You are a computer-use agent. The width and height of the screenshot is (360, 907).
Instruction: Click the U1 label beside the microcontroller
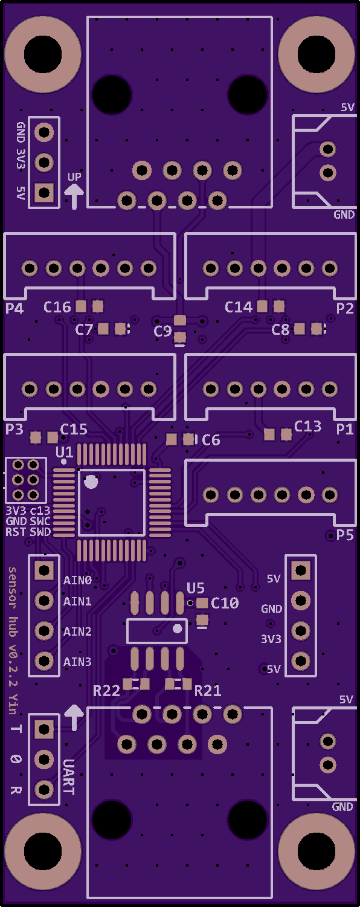click(x=64, y=452)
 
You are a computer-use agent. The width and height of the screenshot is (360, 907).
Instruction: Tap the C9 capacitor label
click(x=162, y=331)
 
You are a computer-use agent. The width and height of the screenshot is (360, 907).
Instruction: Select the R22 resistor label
click(x=106, y=691)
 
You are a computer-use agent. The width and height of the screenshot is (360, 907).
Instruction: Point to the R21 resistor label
click(x=208, y=691)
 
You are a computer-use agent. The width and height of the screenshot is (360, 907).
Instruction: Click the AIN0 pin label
click(x=77, y=580)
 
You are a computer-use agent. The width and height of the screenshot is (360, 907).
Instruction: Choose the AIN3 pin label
click(x=77, y=662)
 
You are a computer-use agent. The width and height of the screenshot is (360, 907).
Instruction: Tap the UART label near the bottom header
click(x=68, y=777)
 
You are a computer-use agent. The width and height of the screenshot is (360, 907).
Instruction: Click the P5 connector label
click(x=345, y=535)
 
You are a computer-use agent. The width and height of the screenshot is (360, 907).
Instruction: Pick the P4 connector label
click(x=14, y=309)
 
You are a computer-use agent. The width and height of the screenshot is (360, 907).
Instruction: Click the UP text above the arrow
click(x=74, y=177)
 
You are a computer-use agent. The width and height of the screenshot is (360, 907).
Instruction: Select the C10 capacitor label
click(x=225, y=603)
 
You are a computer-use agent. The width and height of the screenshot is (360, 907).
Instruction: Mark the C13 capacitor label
click(x=308, y=427)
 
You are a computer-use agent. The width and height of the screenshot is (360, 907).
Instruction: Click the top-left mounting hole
click(x=43, y=54)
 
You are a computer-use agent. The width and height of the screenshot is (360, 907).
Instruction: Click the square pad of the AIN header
click(x=43, y=570)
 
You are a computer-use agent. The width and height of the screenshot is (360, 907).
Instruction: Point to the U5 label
click(x=196, y=588)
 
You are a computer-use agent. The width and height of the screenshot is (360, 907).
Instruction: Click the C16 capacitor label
click(x=57, y=308)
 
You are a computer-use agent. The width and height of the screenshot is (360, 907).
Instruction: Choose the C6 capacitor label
click(x=211, y=440)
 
